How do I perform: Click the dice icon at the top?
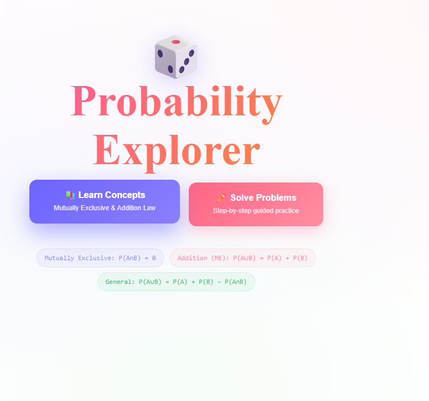[x=175, y=57]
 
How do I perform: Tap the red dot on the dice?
[x=176, y=42]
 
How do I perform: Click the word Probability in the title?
[x=177, y=101]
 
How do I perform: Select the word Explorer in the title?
[x=177, y=150]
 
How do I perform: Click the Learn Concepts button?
[x=105, y=201]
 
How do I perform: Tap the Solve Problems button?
[x=256, y=204]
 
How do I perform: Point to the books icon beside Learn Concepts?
[x=70, y=195]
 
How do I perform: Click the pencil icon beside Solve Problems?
[x=220, y=197]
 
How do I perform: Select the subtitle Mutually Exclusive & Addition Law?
[x=105, y=208]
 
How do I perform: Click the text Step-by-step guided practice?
[x=256, y=211]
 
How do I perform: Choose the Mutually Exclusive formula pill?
[x=100, y=258]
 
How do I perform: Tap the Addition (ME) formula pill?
[x=242, y=258]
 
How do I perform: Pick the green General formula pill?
[x=176, y=282]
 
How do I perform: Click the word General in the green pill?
[x=120, y=282]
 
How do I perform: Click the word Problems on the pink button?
[x=277, y=197]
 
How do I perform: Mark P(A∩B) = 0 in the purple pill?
[x=137, y=258]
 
